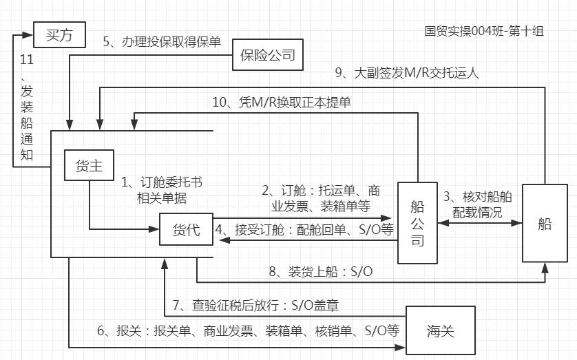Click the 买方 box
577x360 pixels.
tap(59, 34)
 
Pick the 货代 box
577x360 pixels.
tap(185, 230)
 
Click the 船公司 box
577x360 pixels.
tap(417, 222)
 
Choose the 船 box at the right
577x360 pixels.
tap(545, 224)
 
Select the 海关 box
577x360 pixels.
tap(441, 331)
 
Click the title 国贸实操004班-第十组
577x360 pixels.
tap(484, 32)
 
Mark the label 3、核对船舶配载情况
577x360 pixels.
tap(478, 204)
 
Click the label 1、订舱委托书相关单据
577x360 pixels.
tap(162, 190)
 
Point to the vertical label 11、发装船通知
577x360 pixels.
tap(27, 107)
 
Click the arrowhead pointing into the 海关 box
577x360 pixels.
tap(401, 347)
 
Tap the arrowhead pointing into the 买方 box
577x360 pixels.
tap(28, 32)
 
